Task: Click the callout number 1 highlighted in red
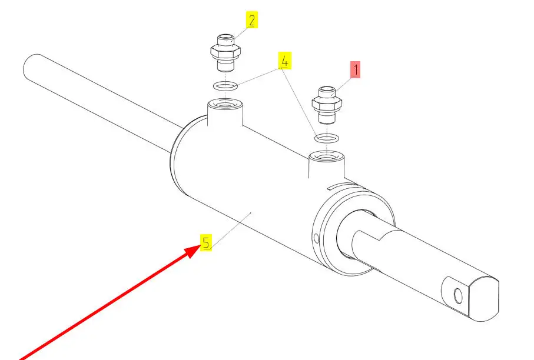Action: click(x=356, y=70)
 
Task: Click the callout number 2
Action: click(x=252, y=21)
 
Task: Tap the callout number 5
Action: click(x=205, y=242)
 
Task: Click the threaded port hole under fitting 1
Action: click(x=326, y=158)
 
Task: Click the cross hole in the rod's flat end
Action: click(x=457, y=295)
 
